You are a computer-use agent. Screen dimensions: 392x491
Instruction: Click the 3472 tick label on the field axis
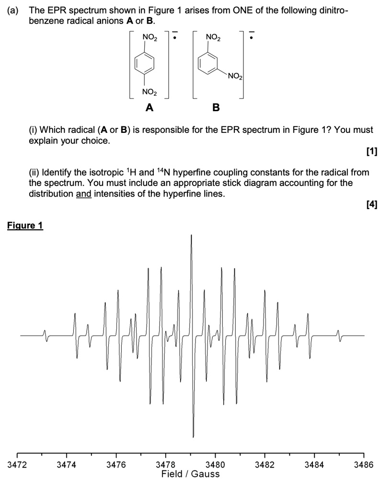(x=17, y=465)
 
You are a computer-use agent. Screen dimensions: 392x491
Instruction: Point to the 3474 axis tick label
(x=67, y=465)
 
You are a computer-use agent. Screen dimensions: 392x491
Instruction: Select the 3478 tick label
(x=166, y=465)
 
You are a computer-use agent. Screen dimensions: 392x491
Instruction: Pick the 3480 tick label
(x=215, y=465)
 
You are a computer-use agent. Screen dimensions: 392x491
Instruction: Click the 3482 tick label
(x=265, y=465)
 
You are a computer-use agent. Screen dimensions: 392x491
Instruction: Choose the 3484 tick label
(x=314, y=465)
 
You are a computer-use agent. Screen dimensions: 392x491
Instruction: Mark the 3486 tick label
(x=363, y=465)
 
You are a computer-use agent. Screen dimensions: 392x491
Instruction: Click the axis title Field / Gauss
(x=190, y=474)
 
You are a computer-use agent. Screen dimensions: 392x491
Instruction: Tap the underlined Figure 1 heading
(x=25, y=225)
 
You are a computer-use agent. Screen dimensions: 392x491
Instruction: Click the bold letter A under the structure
(x=150, y=108)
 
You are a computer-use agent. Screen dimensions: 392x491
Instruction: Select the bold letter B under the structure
(x=216, y=108)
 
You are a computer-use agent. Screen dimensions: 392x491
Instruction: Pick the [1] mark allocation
(x=371, y=152)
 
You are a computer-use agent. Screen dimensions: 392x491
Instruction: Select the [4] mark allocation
(x=371, y=205)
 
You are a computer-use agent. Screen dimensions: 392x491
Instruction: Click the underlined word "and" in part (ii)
(x=83, y=194)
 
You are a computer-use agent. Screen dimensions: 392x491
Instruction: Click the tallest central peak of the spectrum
(x=192, y=240)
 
